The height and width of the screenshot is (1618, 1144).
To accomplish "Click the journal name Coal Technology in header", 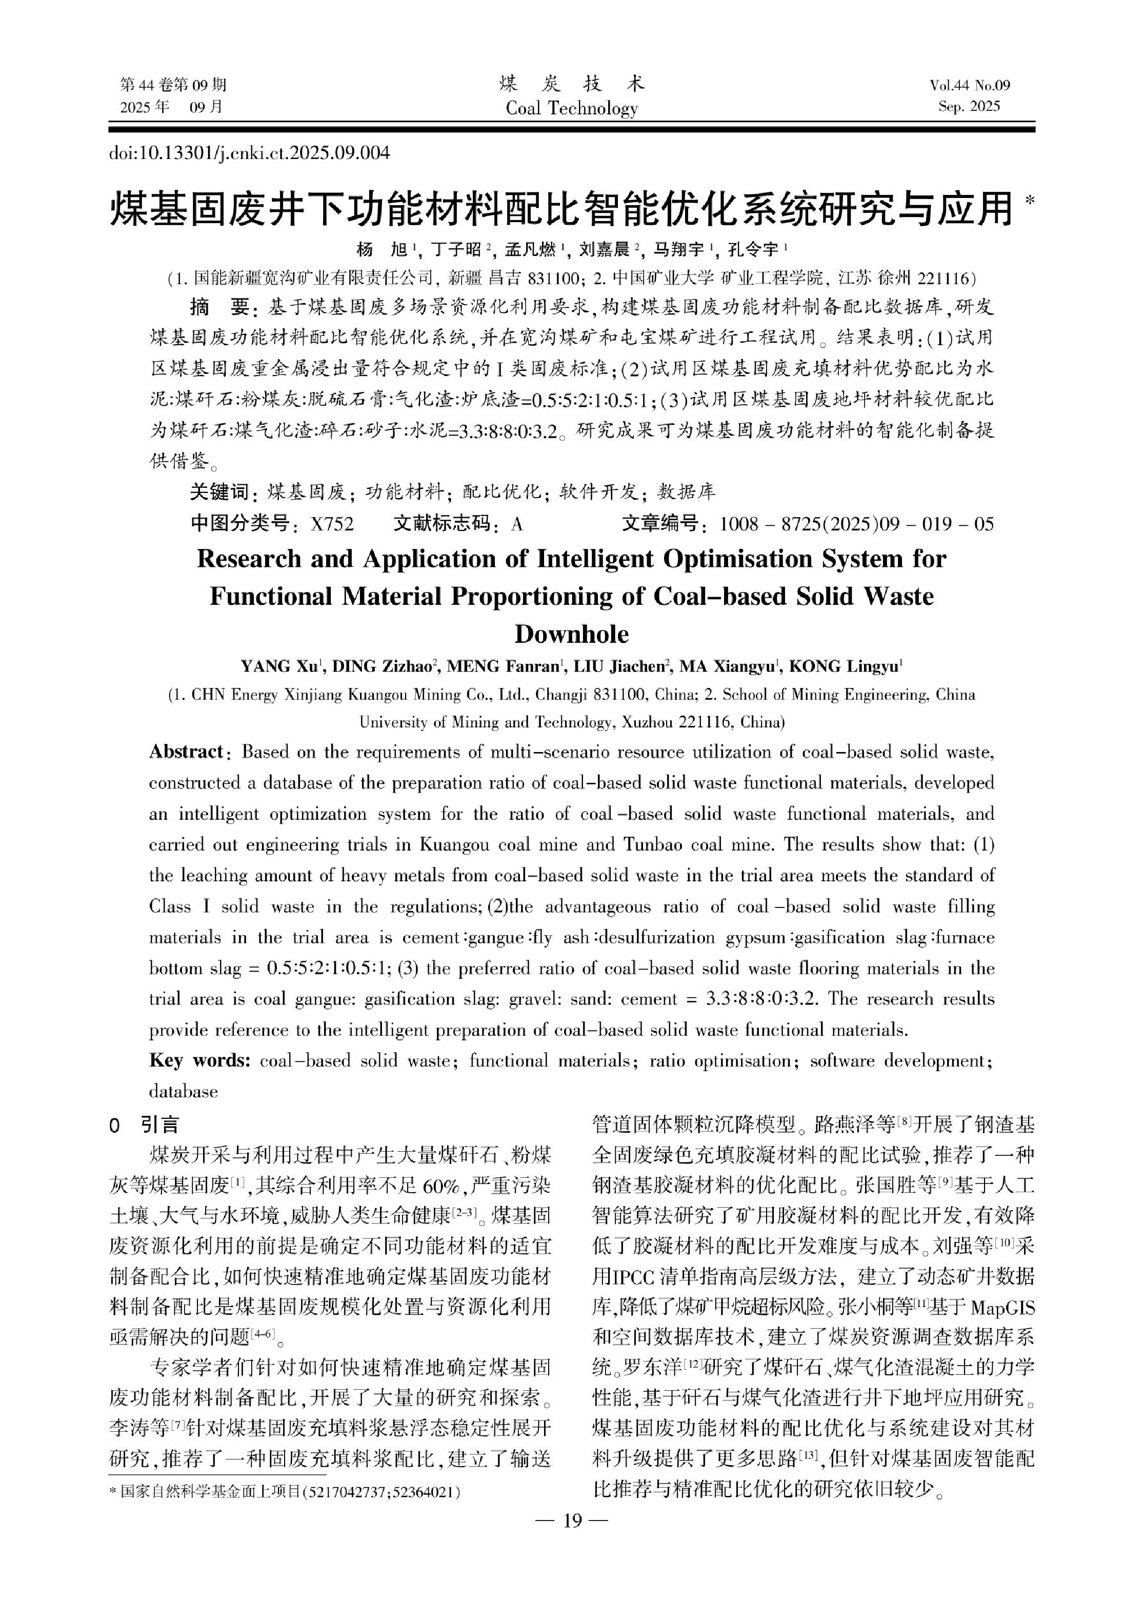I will click(571, 108).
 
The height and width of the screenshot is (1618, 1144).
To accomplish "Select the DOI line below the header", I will click(249, 153).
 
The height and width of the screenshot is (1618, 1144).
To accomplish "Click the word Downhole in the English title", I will click(571, 634).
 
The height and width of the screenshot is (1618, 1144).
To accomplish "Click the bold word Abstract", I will click(186, 752).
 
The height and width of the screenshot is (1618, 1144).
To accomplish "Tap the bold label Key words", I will click(199, 1060).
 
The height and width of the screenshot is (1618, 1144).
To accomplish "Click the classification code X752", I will click(332, 524).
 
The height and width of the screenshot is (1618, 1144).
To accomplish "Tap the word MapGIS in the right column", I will click(1002, 1309).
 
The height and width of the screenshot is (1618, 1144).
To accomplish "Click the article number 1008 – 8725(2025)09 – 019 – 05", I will click(856, 524).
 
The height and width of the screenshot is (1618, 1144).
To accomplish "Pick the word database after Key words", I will click(183, 1092).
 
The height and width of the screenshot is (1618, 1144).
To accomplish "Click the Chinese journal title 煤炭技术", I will click(571, 85).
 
